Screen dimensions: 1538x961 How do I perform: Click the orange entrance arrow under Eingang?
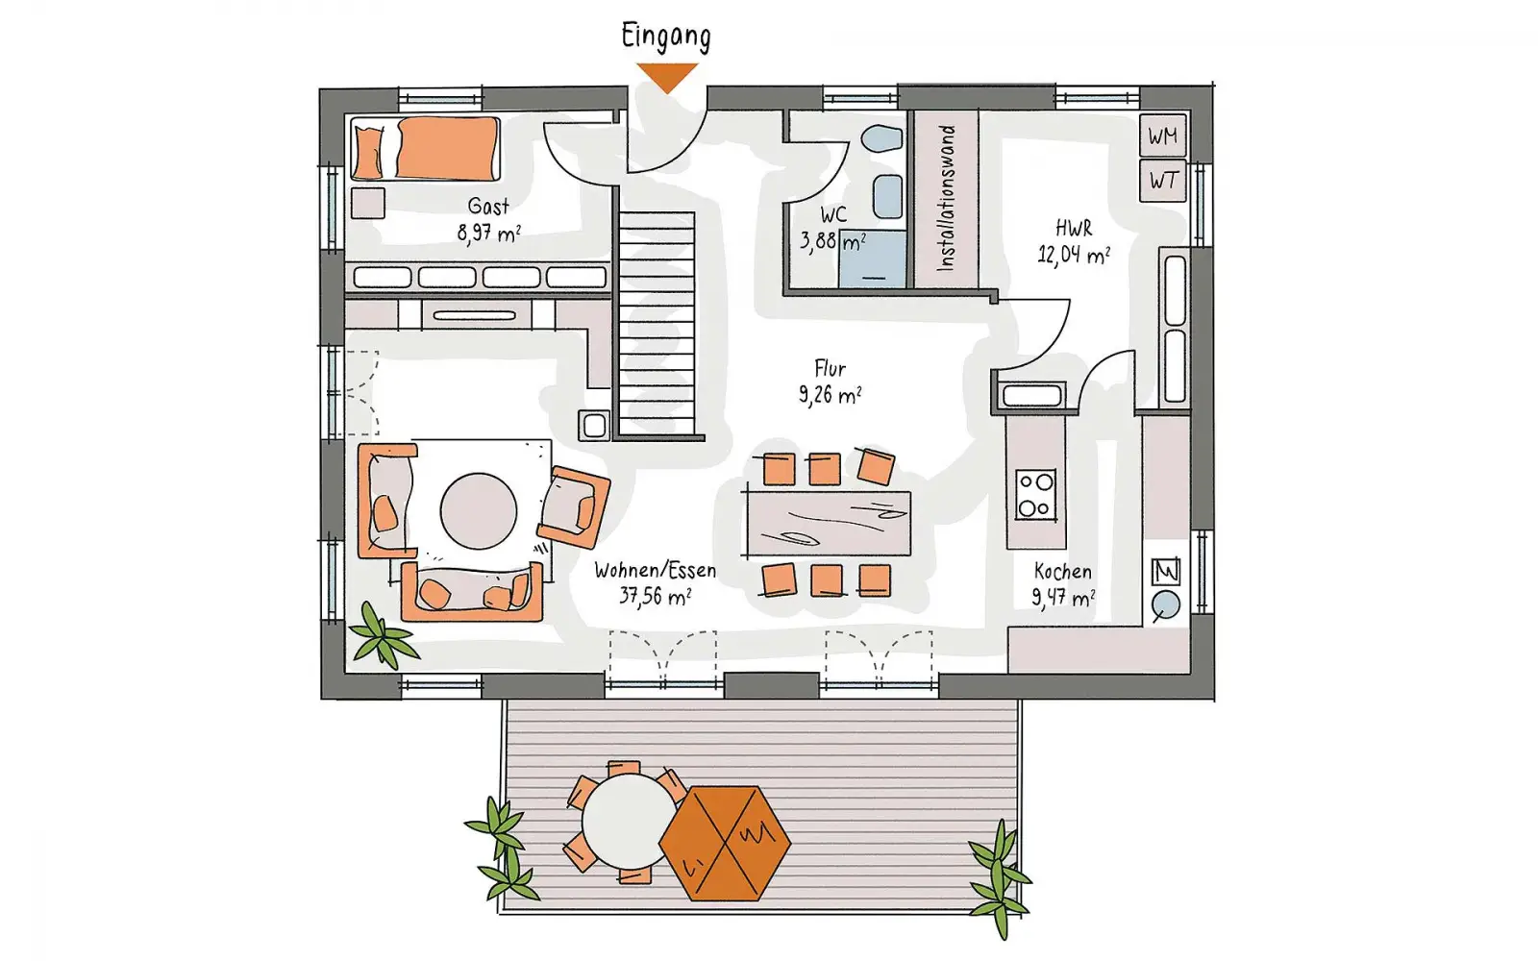pyautogui.click(x=667, y=76)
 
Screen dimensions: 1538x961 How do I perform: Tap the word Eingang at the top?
pyautogui.click(x=666, y=37)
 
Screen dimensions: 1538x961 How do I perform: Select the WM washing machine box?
pyautogui.click(x=1163, y=136)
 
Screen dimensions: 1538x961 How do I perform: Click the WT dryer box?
pyautogui.click(x=1163, y=182)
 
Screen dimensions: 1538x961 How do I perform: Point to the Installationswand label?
pyautogui.click(x=946, y=198)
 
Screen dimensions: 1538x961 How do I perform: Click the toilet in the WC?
pyautogui.click(x=881, y=138)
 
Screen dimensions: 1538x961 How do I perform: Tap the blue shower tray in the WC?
pyautogui.click(x=872, y=259)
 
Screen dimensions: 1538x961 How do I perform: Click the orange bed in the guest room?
pyautogui.click(x=426, y=149)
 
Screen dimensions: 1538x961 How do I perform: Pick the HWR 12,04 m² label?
pyautogui.click(x=1073, y=241)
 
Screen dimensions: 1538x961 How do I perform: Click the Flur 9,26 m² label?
pyautogui.click(x=830, y=382)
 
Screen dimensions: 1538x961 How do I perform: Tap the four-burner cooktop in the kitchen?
pyautogui.click(x=1035, y=494)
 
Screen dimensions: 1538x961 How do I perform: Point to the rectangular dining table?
pyautogui.click(x=829, y=523)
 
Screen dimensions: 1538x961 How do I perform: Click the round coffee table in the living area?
pyautogui.click(x=479, y=510)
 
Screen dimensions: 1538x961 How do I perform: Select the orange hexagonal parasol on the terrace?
pyautogui.click(x=725, y=843)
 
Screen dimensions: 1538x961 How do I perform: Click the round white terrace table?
pyautogui.click(x=629, y=821)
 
